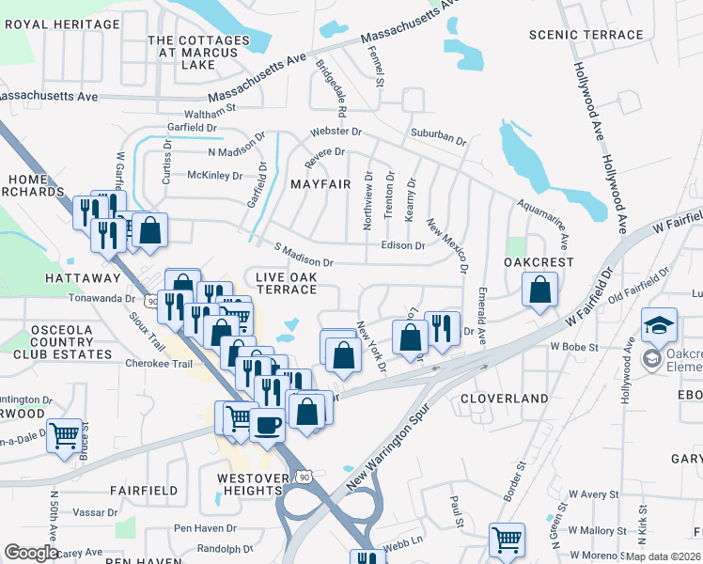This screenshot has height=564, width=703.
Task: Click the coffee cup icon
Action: [267, 424]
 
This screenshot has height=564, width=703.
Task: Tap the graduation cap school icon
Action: [659, 325]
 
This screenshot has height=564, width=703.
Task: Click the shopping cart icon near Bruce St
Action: [63, 436]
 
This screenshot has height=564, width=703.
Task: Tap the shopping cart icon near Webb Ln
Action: [507, 540]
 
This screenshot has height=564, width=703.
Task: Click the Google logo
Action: [31, 553]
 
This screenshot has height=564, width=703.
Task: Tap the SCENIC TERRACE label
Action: [586, 35]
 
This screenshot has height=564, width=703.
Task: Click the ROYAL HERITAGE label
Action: [62, 23]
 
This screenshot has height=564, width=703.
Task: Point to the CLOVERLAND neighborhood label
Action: [505, 399]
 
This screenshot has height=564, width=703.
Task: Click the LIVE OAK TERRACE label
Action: [288, 282]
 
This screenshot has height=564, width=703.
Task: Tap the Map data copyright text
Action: [664, 556]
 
